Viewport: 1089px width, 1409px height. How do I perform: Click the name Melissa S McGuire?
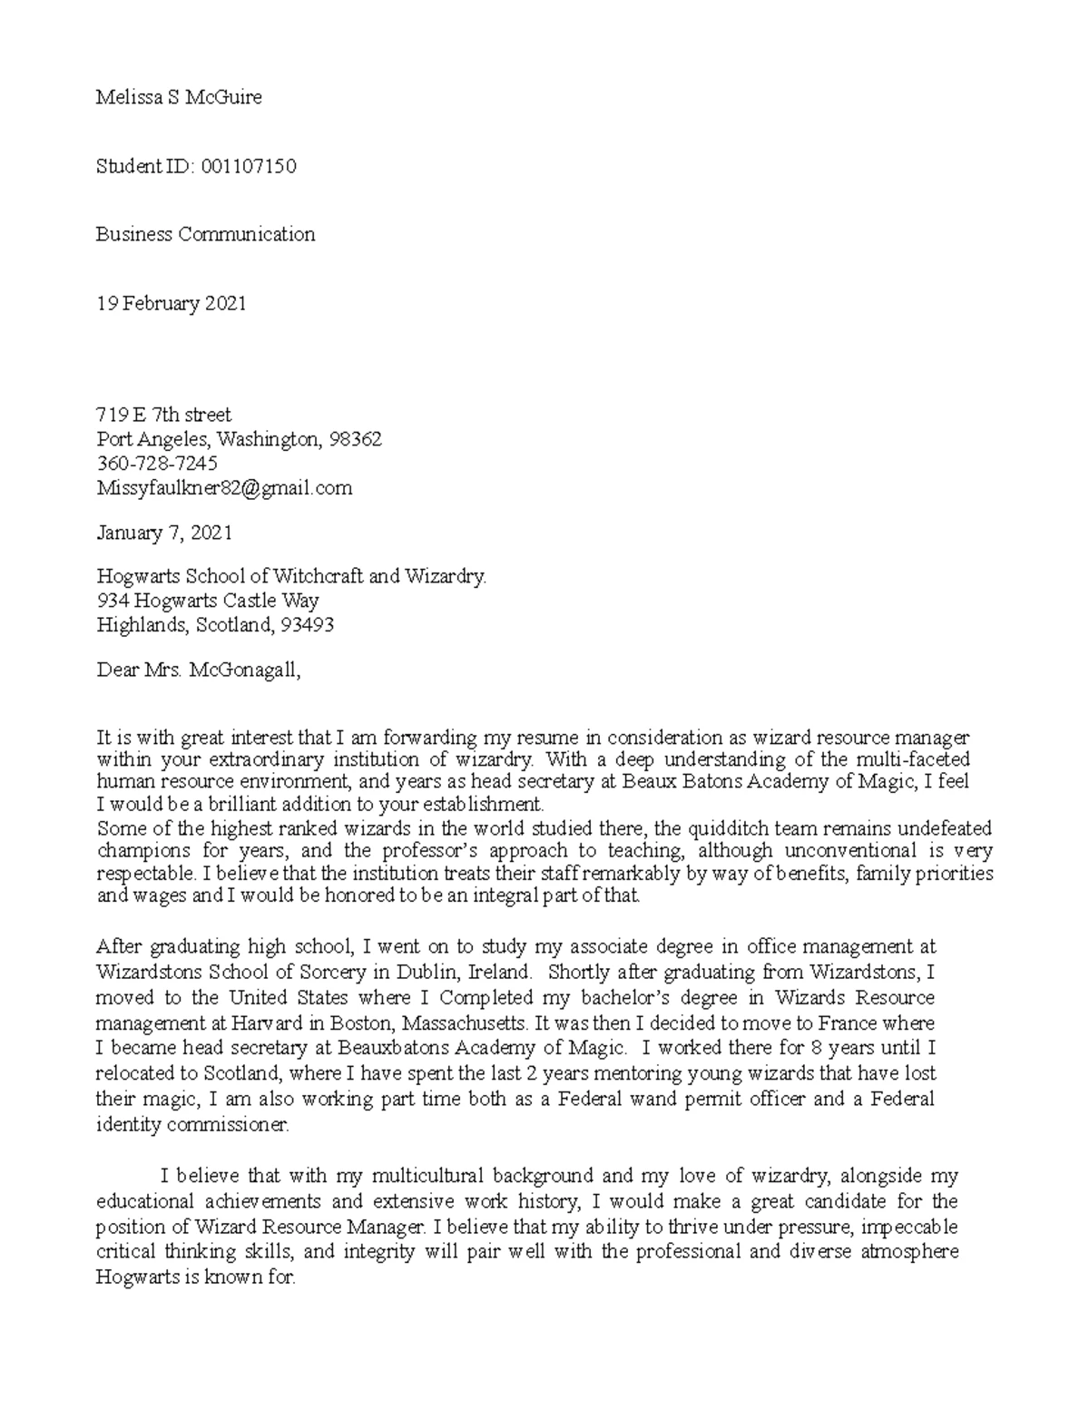[179, 98]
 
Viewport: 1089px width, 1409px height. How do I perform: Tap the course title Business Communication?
[206, 234]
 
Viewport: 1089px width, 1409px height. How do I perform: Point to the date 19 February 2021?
[172, 303]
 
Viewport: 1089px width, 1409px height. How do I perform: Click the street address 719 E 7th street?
[163, 415]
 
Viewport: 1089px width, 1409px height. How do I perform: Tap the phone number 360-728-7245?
[157, 464]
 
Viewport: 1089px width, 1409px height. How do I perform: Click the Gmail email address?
[224, 488]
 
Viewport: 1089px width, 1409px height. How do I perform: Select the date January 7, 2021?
[164, 533]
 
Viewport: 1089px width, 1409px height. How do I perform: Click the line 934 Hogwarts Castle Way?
[207, 601]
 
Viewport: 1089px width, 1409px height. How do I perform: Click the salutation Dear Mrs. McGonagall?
[197, 671]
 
